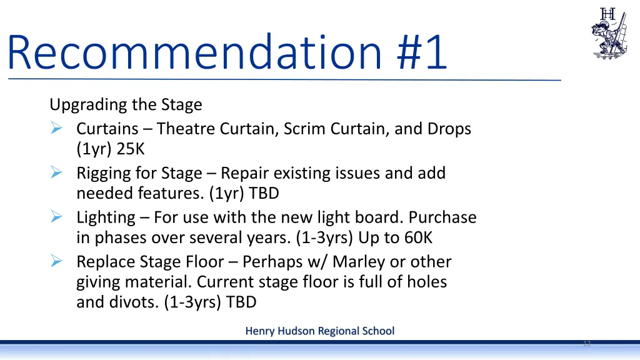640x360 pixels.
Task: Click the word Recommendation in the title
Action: click(x=194, y=53)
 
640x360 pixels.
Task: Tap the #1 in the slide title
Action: click(x=422, y=53)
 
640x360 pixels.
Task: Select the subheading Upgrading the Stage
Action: click(x=126, y=104)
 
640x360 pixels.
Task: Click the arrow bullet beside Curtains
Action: click(x=56, y=129)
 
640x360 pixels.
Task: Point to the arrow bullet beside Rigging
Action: click(x=56, y=173)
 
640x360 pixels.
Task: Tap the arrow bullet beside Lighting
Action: click(x=56, y=217)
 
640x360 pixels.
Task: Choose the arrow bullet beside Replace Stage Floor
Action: click(x=56, y=261)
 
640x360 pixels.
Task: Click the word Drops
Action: click(x=449, y=129)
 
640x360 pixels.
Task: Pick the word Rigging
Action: click(x=99, y=174)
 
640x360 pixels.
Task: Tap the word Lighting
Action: click(x=106, y=218)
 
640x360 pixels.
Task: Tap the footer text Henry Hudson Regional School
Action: click(x=319, y=331)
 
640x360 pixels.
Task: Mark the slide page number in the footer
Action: click(x=587, y=344)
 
